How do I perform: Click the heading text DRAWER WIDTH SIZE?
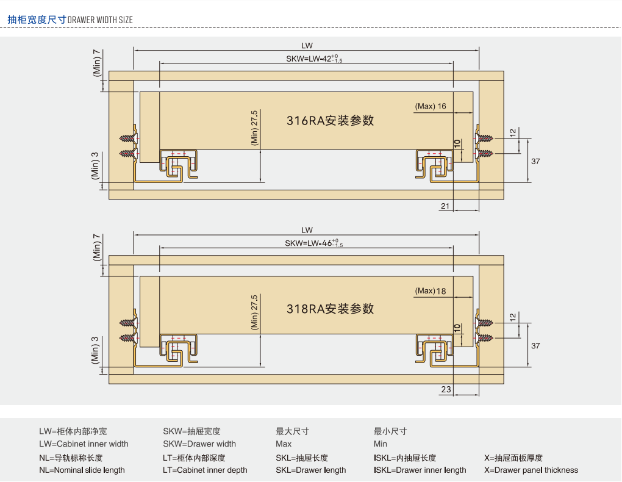(x=100, y=20)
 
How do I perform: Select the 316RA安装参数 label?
(x=330, y=121)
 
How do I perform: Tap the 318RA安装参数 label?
(x=330, y=309)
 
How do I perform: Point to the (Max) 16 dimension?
(x=431, y=106)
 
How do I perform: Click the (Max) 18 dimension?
(x=431, y=291)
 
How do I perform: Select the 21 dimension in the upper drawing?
(x=445, y=206)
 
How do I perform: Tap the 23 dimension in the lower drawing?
(x=445, y=389)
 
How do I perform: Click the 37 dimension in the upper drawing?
(x=535, y=161)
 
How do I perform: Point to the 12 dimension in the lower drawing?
(x=513, y=317)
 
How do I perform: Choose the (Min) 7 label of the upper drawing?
(x=96, y=62)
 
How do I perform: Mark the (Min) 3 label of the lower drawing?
(x=95, y=350)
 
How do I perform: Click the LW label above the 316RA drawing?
(x=307, y=45)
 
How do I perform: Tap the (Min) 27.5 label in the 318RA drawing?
(x=255, y=312)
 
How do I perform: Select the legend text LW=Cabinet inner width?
(x=84, y=444)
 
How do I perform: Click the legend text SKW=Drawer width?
(x=199, y=444)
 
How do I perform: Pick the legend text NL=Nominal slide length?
(x=82, y=470)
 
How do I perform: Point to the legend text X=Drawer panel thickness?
(x=531, y=470)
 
